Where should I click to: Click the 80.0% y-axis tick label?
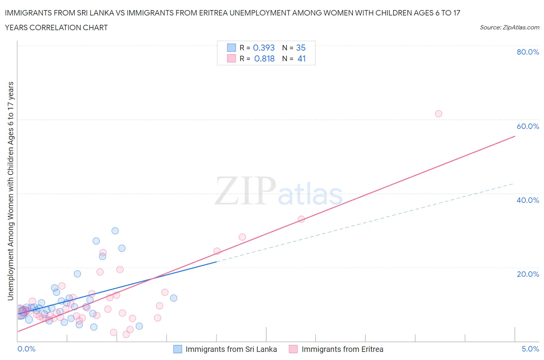(528, 52)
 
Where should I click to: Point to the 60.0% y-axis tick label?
(528, 126)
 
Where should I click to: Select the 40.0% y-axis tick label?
(528, 200)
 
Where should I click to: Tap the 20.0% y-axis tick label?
(528, 274)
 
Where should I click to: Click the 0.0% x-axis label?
(26, 349)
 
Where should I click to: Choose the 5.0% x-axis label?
(530, 349)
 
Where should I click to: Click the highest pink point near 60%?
(438, 114)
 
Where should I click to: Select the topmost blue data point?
(115, 231)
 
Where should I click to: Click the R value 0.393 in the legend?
(264, 48)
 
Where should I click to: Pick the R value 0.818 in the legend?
(264, 58)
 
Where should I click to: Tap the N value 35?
(301, 48)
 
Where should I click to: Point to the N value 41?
(301, 58)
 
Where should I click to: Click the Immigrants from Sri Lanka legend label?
(231, 349)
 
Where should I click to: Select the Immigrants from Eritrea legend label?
(342, 349)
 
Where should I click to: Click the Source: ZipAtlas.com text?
(509, 27)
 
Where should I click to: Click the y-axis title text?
(10, 191)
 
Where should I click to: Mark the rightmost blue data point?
(174, 298)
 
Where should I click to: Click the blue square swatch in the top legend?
(231, 48)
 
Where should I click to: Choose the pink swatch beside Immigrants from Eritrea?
(293, 349)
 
